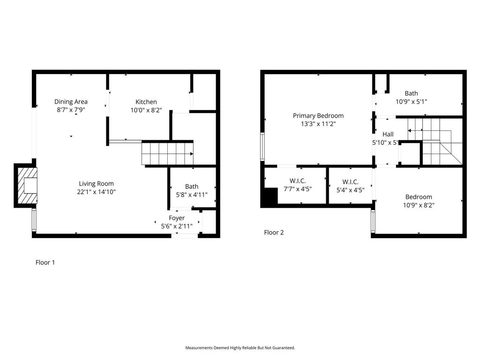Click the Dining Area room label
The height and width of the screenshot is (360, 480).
71,102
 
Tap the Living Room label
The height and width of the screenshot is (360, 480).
96,184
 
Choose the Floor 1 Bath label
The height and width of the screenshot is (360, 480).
191,187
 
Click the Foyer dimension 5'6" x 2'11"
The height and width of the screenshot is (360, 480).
177,226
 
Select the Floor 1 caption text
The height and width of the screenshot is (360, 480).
45,262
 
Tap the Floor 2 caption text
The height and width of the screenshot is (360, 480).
274,232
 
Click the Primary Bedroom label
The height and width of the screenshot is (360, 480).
318,116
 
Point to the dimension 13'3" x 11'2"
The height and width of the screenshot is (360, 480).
318,124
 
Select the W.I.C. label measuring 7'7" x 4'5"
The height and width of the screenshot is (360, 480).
298,181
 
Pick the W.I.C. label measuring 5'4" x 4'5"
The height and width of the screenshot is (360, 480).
350,182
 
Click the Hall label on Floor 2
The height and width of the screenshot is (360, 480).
388,135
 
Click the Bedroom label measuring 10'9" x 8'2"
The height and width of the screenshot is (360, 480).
419,197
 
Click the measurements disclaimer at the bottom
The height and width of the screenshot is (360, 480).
240,348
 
